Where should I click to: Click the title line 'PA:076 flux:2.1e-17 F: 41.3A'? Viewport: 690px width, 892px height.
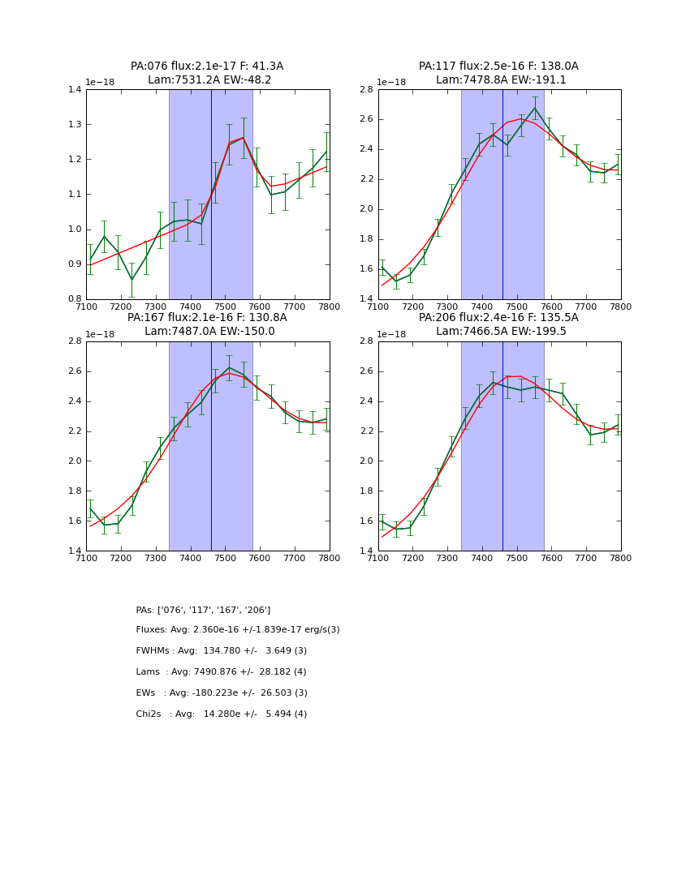click(x=207, y=66)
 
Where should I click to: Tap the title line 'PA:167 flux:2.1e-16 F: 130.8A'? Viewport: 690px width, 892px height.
click(x=207, y=318)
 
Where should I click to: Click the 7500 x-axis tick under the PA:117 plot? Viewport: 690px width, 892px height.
click(x=517, y=307)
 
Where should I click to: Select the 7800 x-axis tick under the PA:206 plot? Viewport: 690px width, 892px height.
click(x=621, y=558)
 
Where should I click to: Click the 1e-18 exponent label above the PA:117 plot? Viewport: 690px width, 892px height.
click(x=392, y=83)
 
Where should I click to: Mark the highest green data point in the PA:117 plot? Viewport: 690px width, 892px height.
click(x=535, y=108)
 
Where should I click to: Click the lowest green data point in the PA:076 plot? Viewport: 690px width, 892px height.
click(x=132, y=280)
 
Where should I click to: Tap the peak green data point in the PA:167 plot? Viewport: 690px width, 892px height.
click(x=229, y=367)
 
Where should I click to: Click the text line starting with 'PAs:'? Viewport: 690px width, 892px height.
click(x=203, y=610)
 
